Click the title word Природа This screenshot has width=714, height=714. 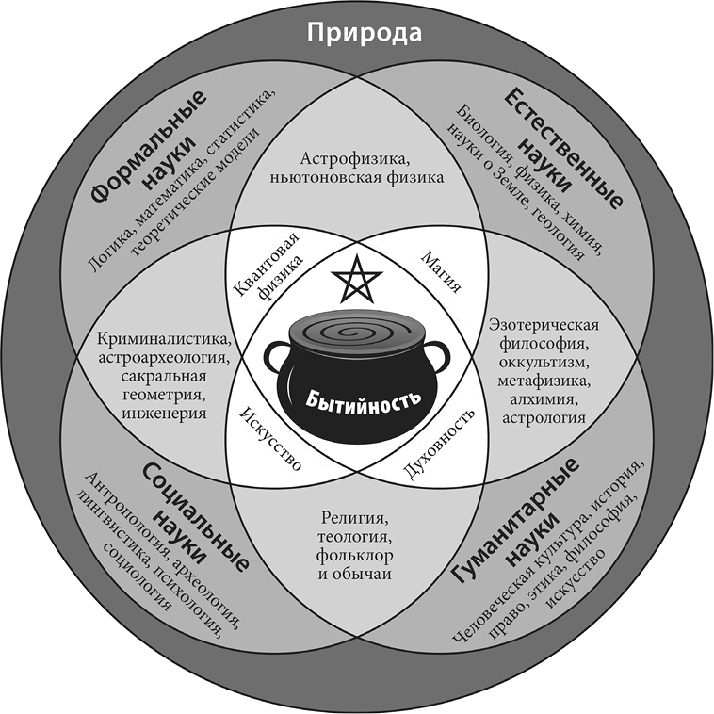[x=356, y=34]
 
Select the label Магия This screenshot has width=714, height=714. [x=439, y=270]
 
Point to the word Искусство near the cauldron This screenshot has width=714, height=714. [x=270, y=439]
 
